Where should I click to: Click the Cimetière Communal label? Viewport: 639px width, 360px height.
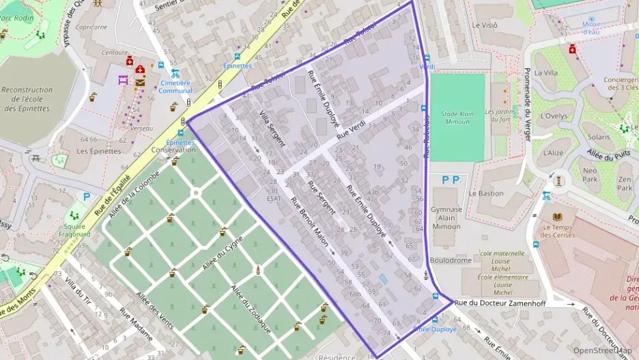tap(176, 86)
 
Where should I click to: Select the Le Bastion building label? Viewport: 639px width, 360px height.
tap(490, 193)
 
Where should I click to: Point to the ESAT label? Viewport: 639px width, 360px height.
tap(274, 199)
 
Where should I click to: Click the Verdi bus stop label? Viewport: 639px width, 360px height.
tap(427, 67)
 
